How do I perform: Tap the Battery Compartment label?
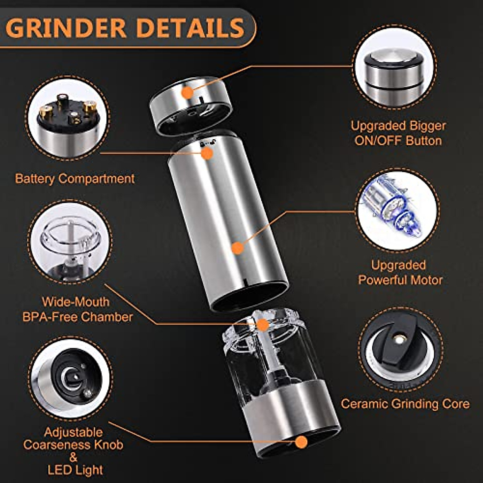75,178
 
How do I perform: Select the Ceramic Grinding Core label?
405,404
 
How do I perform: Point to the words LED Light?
75,470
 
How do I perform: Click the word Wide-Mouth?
76,302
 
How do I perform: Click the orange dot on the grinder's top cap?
187,93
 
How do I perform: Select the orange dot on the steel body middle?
238,248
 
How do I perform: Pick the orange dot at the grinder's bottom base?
301,442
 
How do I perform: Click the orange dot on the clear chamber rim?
262,324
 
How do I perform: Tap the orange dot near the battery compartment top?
207,153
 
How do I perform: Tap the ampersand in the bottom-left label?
73,457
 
